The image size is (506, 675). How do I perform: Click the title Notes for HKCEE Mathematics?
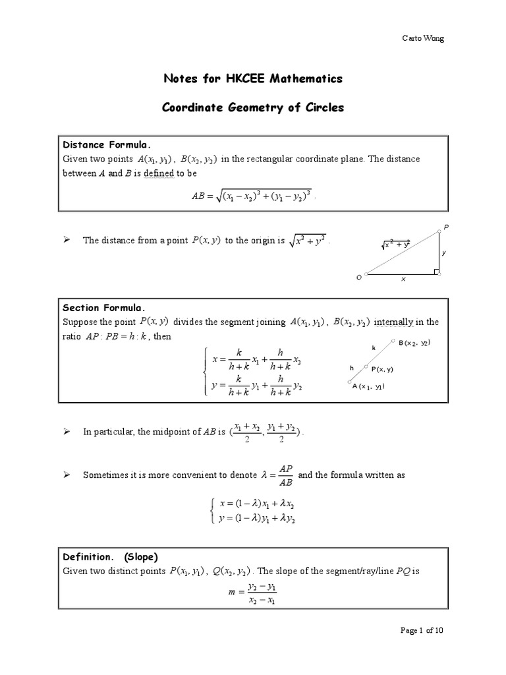point(253,79)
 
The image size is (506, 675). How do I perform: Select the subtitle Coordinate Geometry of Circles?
point(253,107)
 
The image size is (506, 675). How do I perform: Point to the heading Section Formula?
point(103,307)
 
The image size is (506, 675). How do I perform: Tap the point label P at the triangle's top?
point(445,227)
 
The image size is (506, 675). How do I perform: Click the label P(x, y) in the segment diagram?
point(382,369)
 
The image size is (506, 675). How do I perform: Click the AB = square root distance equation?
point(253,195)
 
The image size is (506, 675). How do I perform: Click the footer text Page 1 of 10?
point(422,649)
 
